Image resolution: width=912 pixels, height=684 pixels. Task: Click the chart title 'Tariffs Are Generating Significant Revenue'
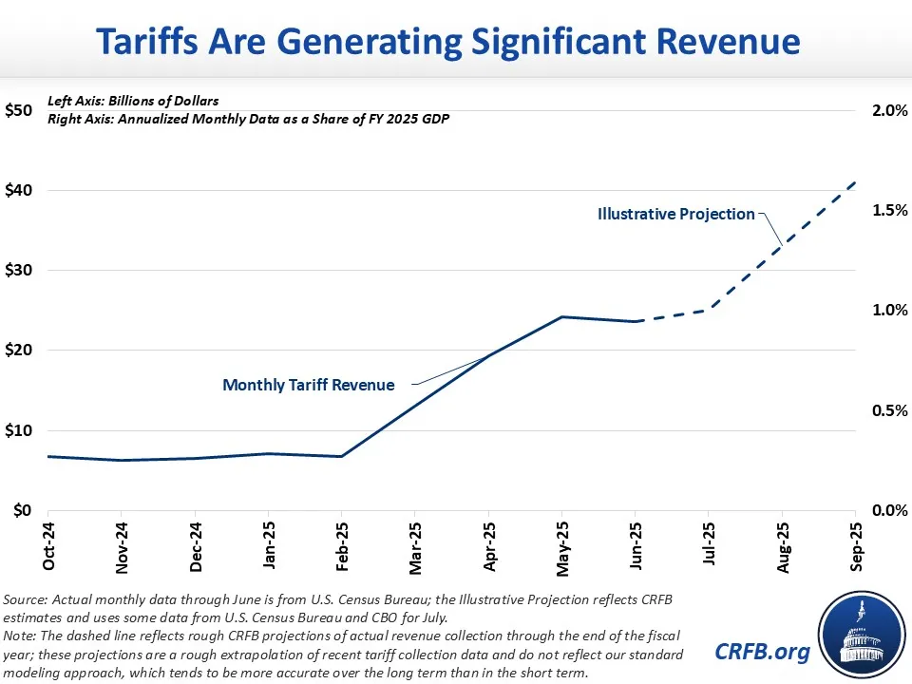pos(456,41)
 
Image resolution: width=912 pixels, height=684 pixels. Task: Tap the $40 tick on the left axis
pos(23,190)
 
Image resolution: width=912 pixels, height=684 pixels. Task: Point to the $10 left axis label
pos(23,430)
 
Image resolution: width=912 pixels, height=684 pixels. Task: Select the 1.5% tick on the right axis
pos(888,210)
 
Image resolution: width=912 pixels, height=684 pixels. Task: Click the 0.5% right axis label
pos(888,410)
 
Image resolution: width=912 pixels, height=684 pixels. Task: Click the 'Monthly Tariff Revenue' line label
pos(307,386)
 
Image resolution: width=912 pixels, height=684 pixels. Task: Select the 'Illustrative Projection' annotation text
pos(675,215)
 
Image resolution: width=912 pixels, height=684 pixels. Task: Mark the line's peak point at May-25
pos(561,316)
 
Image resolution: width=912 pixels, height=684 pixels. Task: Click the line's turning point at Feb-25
pos(342,456)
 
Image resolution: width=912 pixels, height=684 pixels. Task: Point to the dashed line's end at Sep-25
pos(855,181)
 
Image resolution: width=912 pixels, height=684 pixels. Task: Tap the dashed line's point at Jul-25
pos(708,310)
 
